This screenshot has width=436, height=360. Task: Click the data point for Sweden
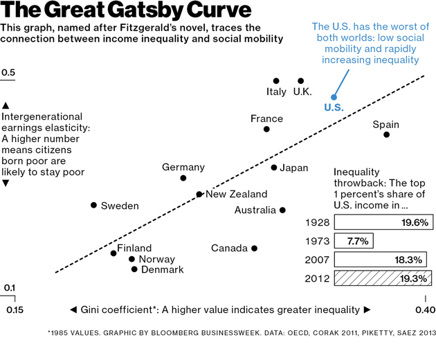pyautogui.click(x=94, y=205)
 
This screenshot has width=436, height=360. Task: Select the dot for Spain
pyautogui.click(x=386, y=134)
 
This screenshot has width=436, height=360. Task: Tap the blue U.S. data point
pyautogui.click(x=333, y=97)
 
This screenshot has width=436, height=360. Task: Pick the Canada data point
pyautogui.click(x=254, y=248)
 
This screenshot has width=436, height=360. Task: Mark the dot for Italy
pyautogui.click(x=276, y=81)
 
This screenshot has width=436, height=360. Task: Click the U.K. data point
pyautogui.click(x=300, y=81)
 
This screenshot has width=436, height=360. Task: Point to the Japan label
pyautogui.click(x=294, y=168)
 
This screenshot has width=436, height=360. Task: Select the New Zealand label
pyautogui.click(x=236, y=195)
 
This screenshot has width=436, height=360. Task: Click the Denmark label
pyautogui.click(x=162, y=269)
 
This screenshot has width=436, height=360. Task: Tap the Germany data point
pyautogui.click(x=183, y=178)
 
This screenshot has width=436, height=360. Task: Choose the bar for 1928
pyautogui.click(x=384, y=222)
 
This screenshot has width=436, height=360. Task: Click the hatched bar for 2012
pyautogui.click(x=384, y=278)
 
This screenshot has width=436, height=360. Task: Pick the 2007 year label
pyautogui.click(x=317, y=260)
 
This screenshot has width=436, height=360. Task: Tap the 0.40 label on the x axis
pyautogui.click(x=425, y=309)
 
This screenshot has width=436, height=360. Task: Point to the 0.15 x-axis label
pyautogui.click(x=15, y=309)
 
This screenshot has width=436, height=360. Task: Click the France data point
pyautogui.click(x=266, y=129)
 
